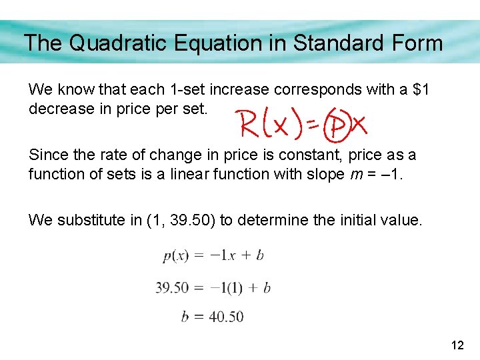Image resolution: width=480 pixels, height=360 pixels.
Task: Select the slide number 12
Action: tap(457, 345)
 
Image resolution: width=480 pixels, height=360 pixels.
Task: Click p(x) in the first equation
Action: tap(176, 256)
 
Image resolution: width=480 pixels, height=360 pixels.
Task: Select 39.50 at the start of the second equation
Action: tap(172, 288)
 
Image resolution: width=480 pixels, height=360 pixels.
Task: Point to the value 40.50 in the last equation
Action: tap(226, 317)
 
